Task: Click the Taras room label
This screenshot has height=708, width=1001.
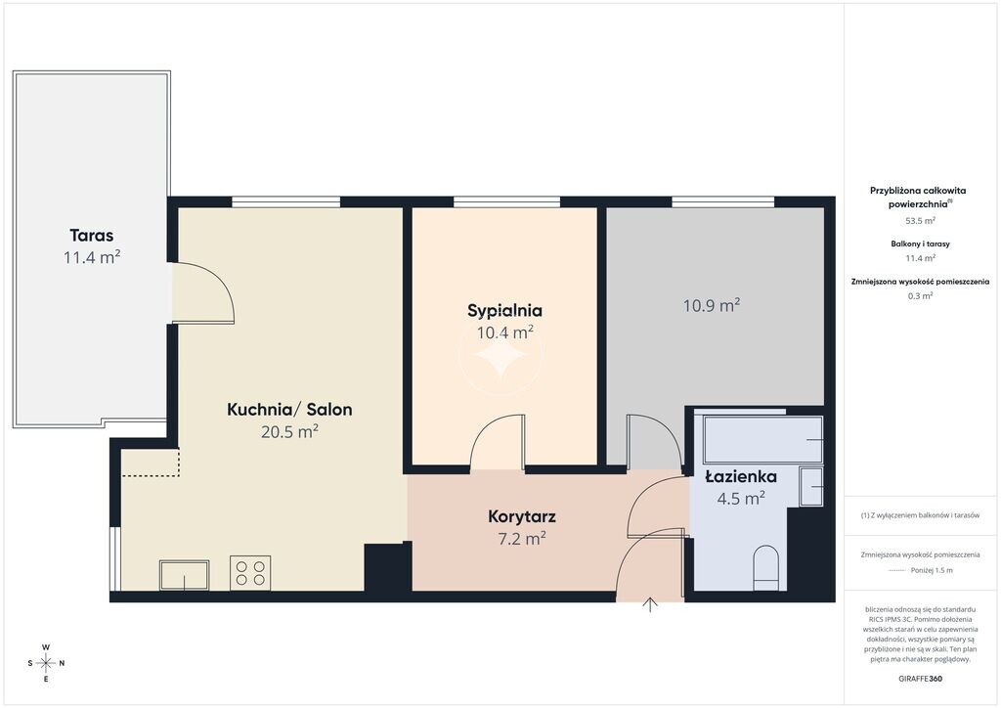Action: (92, 236)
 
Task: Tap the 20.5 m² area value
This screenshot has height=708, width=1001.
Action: (289, 431)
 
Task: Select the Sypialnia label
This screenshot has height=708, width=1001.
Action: (505, 311)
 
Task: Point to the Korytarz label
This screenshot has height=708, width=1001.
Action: (522, 516)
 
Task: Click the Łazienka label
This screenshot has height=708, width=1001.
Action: (741, 477)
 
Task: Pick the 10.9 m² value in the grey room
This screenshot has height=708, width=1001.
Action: (712, 305)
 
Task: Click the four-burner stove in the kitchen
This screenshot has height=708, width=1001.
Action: (250, 573)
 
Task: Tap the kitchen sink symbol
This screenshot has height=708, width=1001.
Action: (185, 575)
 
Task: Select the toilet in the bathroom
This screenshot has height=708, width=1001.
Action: (766, 567)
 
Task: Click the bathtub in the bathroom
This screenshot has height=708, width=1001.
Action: (762, 439)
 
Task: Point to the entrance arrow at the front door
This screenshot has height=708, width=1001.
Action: (650, 604)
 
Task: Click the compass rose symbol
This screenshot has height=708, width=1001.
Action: (46, 663)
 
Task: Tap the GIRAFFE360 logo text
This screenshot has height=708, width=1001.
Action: (920, 679)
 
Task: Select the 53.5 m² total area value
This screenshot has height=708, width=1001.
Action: (920, 221)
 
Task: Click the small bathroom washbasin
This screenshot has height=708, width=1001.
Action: (811, 486)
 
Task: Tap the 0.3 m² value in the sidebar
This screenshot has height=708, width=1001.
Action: (920, 295)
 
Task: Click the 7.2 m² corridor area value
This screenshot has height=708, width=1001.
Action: (522, 539)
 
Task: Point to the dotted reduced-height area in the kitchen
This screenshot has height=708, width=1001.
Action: (151, 463)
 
